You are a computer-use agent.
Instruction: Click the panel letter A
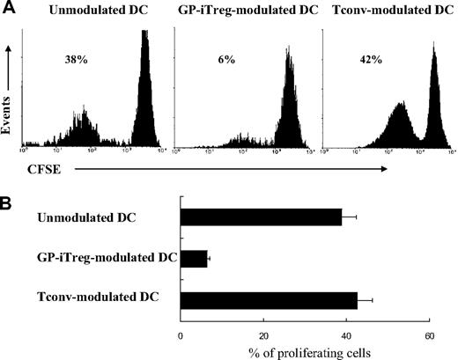(7, 7)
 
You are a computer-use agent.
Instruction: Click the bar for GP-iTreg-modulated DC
(193, 259)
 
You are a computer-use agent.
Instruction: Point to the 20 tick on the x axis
(262, 336)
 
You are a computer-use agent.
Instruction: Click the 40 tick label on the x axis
(345, 336)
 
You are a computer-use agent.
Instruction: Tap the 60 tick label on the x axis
(428, 336)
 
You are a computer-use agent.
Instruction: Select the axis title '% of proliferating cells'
(305, 352)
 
